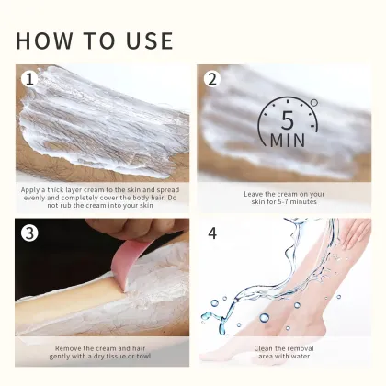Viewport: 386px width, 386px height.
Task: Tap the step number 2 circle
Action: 212,79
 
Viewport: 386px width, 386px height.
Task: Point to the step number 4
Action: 212,233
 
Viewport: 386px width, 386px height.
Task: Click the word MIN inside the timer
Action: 289,141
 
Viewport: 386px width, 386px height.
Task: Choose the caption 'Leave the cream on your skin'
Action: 285,199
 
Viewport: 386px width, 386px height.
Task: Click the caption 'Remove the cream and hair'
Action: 102,353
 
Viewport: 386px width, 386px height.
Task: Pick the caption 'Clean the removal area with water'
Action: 285,353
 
